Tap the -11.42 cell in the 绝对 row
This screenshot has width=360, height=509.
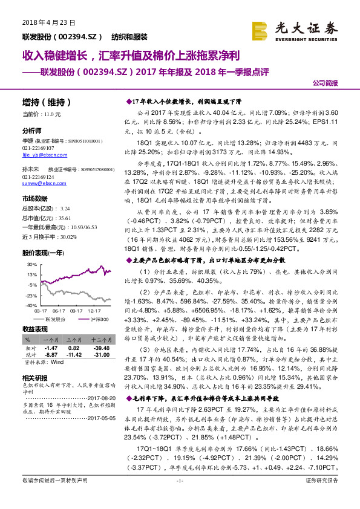74,355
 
